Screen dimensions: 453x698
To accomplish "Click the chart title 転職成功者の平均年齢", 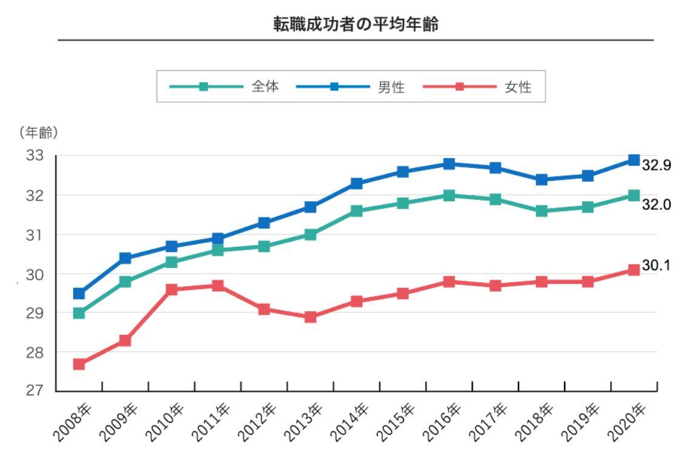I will coord(356,25).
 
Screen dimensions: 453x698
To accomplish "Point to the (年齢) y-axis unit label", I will coord(38,133).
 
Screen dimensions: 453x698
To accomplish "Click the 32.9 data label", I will coord(657,165).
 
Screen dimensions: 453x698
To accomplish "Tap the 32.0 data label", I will coord(657,205).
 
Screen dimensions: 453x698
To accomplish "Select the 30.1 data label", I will coord(657,266).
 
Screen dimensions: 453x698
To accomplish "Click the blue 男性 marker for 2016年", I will coord(449,164).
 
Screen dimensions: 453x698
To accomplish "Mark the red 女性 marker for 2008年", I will coord(79,364).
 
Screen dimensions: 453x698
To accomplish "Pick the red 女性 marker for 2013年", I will coord(310,317).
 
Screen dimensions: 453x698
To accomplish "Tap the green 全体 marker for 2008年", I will coord(79,313).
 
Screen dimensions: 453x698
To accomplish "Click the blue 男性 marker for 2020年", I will coord(634,160).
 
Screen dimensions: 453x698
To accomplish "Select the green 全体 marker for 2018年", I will coord(542,211).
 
